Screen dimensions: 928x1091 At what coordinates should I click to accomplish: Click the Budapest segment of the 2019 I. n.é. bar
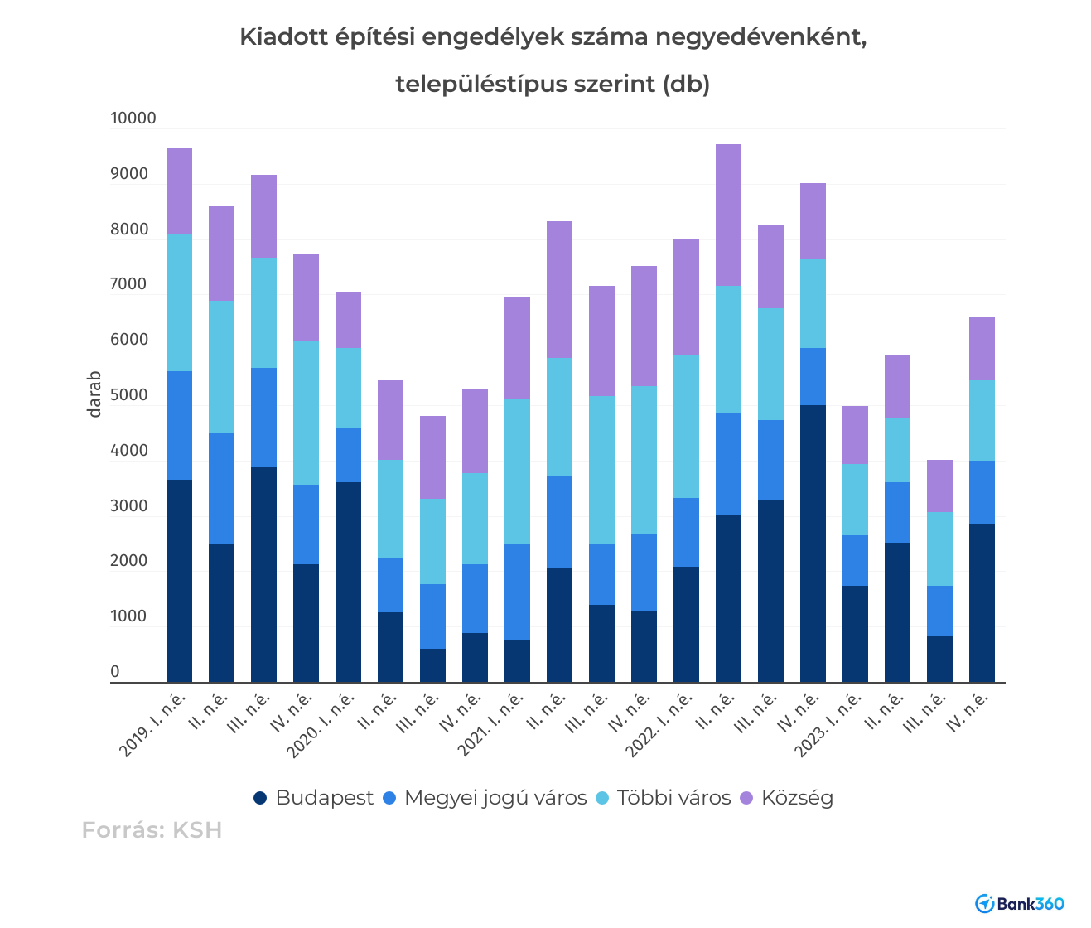(179, 580)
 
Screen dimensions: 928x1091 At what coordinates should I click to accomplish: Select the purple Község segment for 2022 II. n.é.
(728, 215)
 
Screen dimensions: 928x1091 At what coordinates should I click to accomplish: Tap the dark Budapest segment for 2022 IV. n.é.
(813, 543)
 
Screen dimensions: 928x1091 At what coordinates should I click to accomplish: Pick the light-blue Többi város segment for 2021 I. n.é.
(517, 471)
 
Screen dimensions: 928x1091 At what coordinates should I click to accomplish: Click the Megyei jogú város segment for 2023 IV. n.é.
(982, 492)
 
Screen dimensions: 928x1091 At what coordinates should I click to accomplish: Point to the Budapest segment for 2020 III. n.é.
(432, 665)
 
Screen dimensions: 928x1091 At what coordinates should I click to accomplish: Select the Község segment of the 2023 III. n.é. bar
(939, 486)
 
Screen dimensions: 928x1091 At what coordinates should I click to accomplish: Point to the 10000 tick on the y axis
(133, 118)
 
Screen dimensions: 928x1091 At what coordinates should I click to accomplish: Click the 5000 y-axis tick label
(129, 395)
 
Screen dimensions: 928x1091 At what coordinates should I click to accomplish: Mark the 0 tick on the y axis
(115, 672)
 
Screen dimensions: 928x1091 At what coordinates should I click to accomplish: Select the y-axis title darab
(95, 394)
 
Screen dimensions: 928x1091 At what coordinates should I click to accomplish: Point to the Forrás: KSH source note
(152, 830)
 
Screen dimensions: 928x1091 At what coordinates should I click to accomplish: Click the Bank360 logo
(1020, 903)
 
